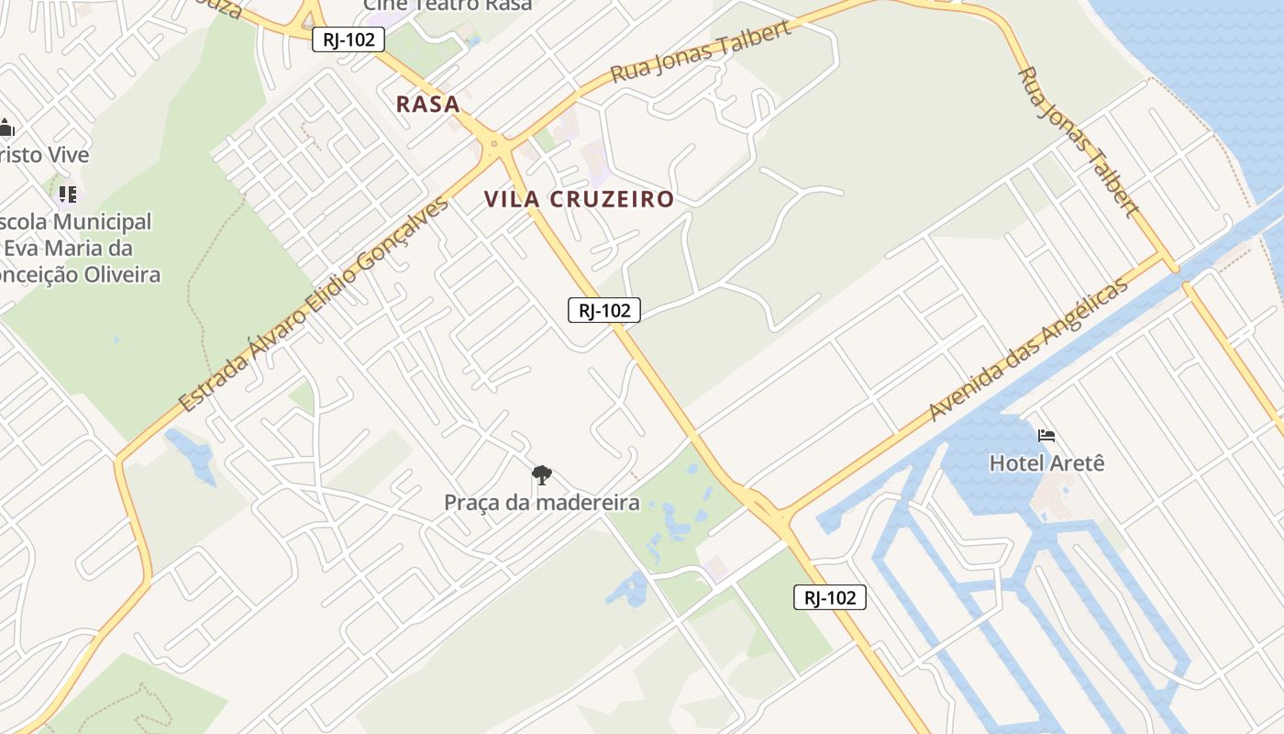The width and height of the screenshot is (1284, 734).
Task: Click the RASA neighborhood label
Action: (x=427, y=104)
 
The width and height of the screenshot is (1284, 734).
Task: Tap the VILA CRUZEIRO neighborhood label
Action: (x=579, y=199)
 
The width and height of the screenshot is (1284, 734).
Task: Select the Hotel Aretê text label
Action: (x=1046, y=462)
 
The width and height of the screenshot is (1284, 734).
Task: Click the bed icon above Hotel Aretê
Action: (x=1046, y=435)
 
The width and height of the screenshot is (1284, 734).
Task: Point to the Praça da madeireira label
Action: (x=541, y=502)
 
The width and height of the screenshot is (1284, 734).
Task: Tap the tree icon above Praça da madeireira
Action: (x=542, y=475)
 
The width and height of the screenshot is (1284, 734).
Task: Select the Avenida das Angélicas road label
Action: (x=1028, y=350)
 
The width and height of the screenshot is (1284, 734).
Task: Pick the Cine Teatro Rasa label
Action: (x=448, y=5)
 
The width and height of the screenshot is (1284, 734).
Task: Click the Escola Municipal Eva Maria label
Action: (x=78, y=248)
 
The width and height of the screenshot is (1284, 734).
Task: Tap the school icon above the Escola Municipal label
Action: (x=68, y=194)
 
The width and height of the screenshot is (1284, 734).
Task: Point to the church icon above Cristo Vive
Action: (x=6, y=128)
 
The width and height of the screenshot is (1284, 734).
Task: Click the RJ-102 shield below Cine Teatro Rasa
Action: (x=348, y=39)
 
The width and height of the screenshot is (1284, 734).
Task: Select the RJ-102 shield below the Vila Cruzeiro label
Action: (x=603, y=310)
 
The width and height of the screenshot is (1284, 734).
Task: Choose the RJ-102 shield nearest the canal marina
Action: (x=829, y=597)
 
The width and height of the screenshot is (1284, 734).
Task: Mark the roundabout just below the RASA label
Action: (x=494, y=143)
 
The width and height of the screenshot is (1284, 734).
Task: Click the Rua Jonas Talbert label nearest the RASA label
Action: (x=700, y=51)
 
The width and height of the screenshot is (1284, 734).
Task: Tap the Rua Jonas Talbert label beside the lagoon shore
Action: (x=1079, y=141)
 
